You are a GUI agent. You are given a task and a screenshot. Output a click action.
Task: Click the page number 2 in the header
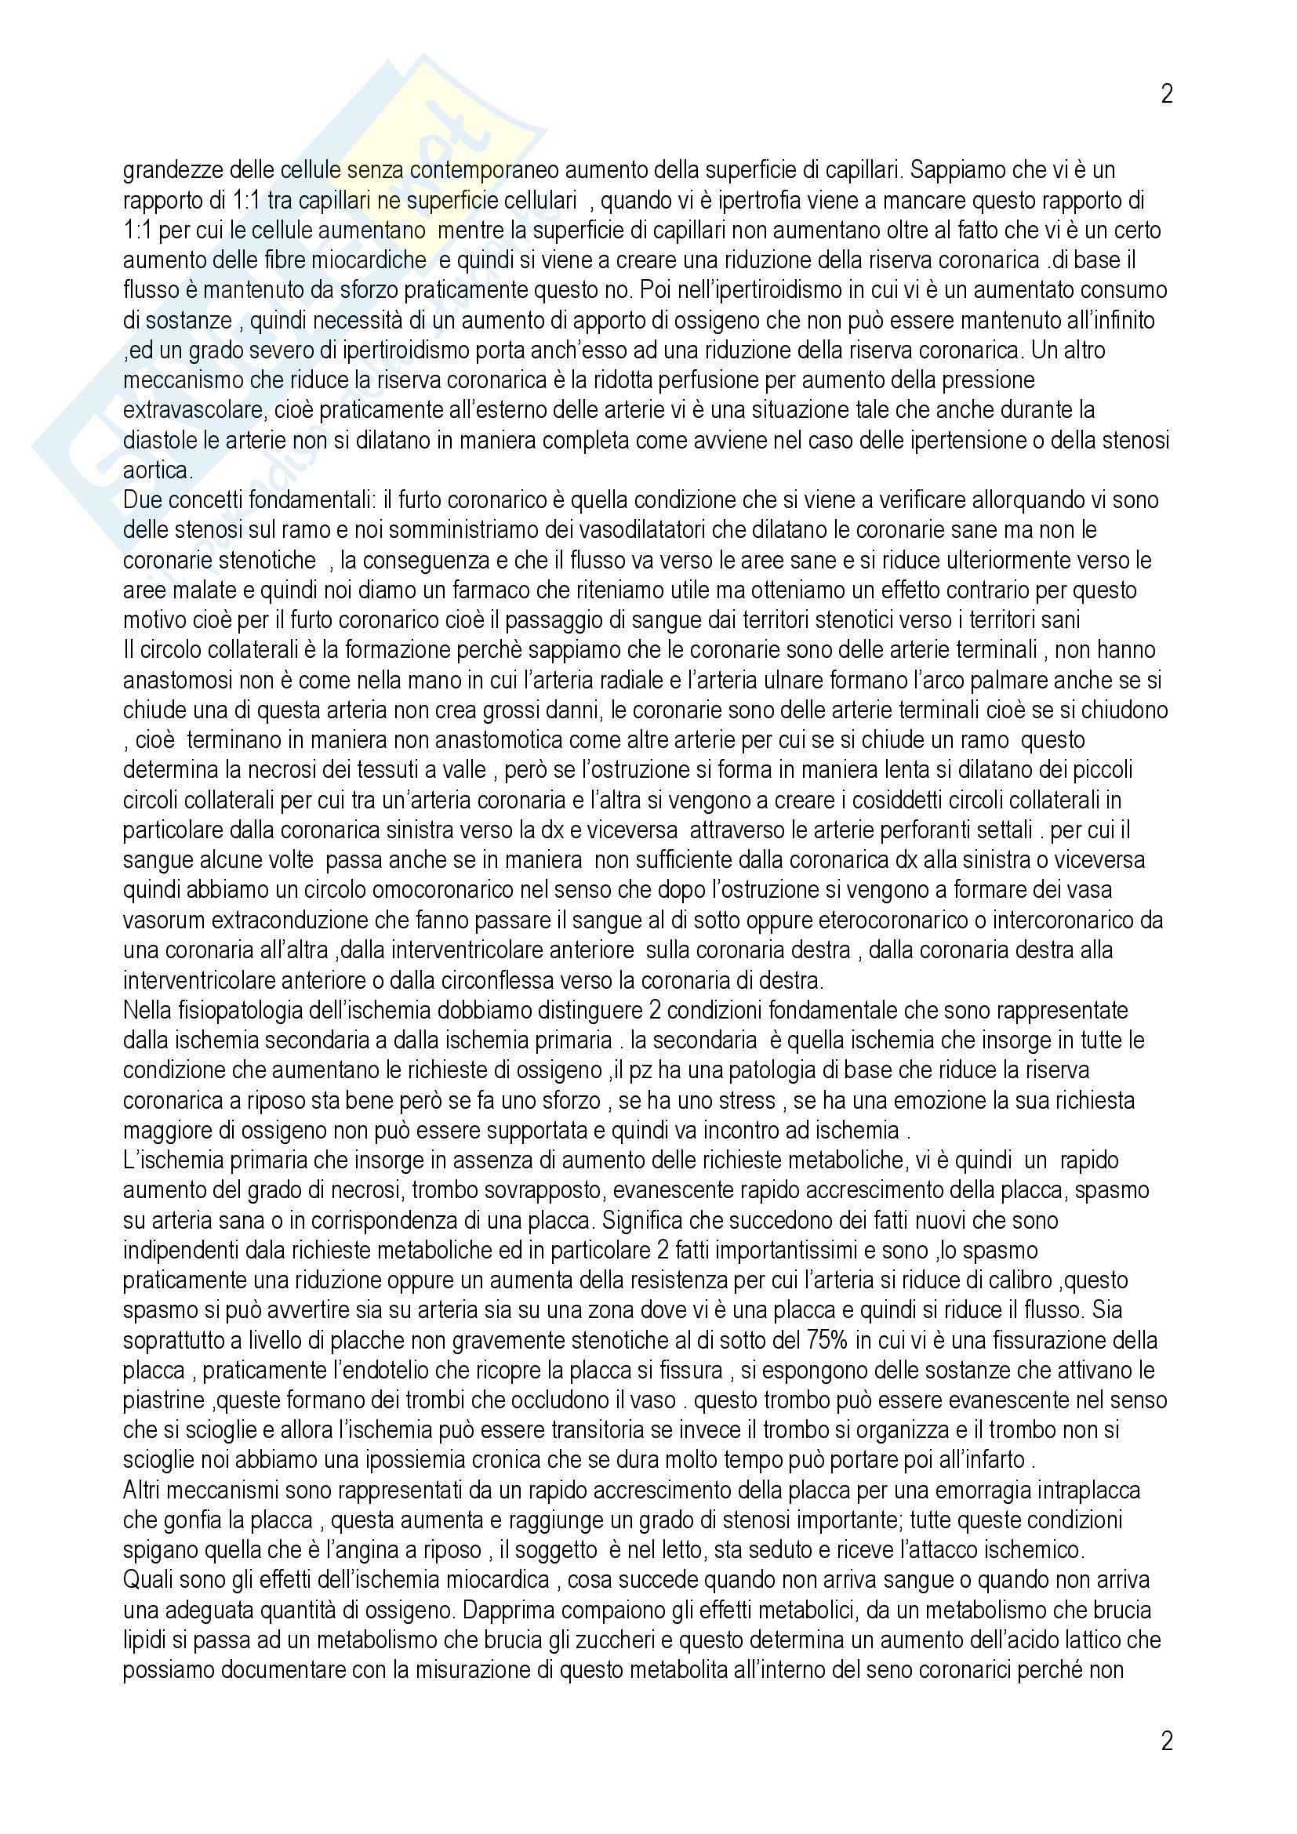point(1166,94)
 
